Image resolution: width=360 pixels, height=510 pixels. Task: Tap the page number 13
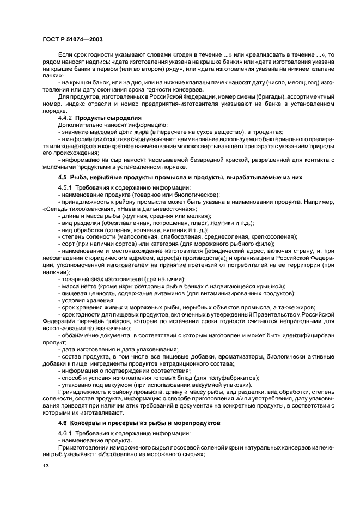pos(45,466)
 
